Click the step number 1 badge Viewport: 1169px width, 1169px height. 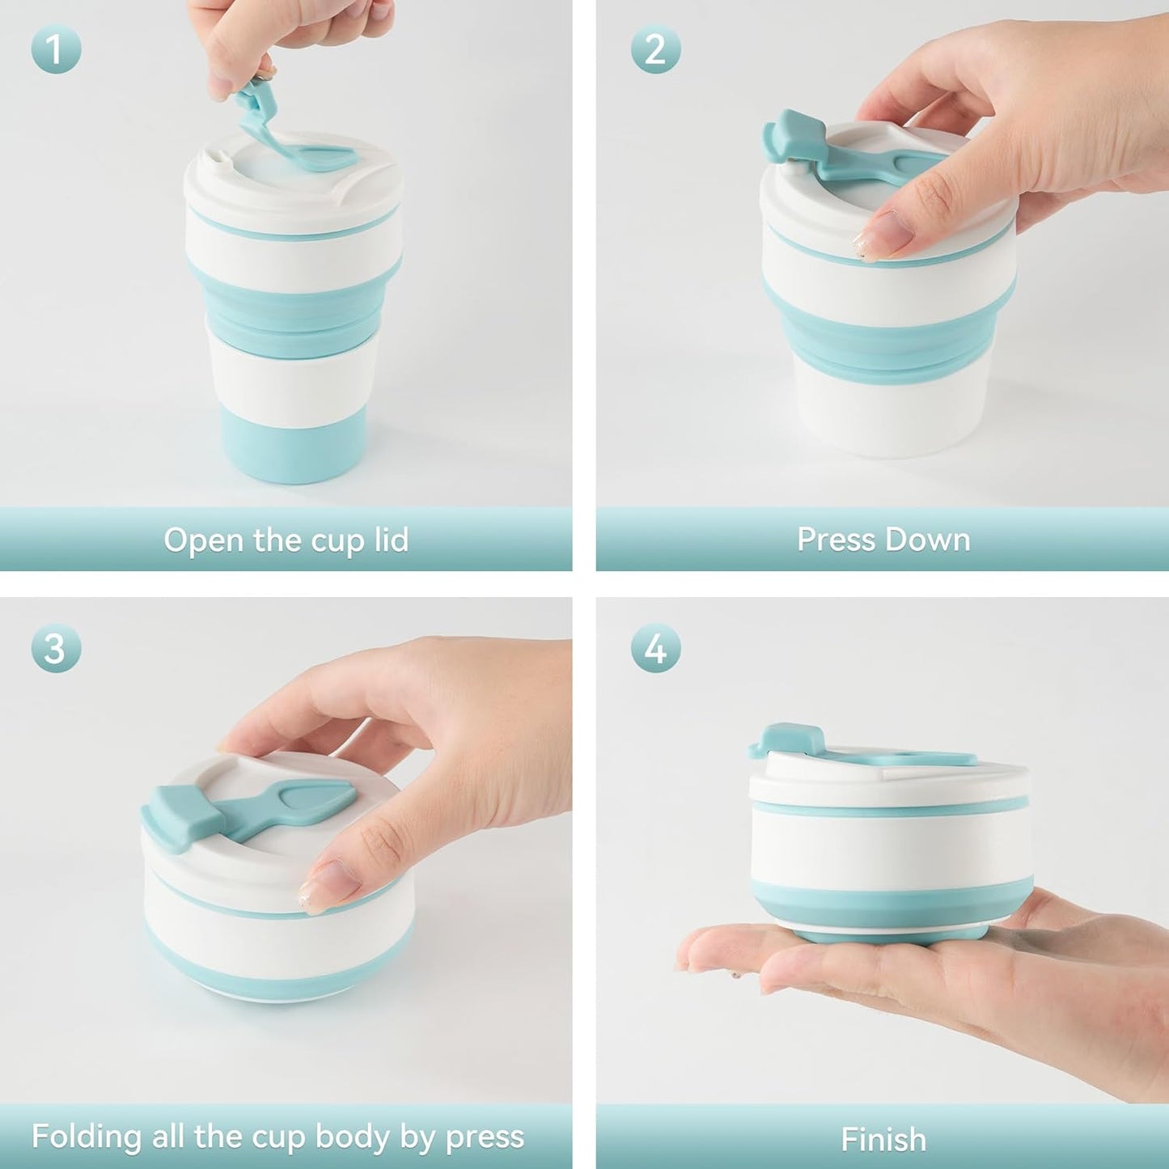point(56,49)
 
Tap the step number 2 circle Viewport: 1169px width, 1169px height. point(656,49)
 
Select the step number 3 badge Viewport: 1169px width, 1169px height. point(56,649)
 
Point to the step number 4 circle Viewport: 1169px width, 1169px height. point(656,649)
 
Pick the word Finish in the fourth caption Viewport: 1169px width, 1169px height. point(883,1139)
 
